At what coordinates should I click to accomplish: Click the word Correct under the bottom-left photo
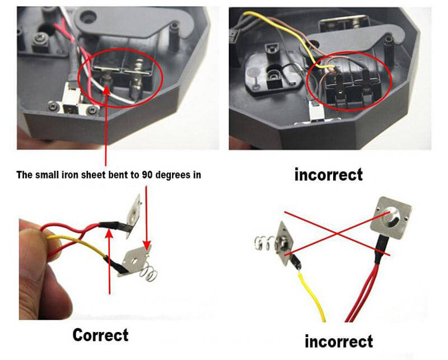[100, 335]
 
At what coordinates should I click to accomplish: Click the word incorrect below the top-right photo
[329, 174]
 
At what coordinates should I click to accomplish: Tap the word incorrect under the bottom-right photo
[338, 340]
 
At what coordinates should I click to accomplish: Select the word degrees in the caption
[171, 175]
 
